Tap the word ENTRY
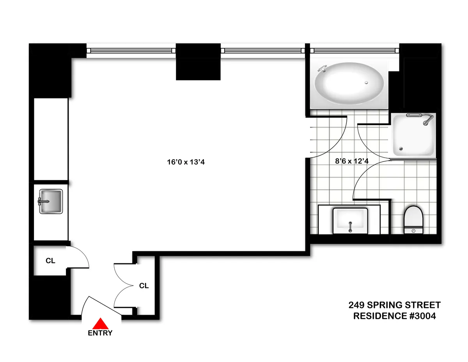click(100, 333)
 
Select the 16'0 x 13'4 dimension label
click(186, 162)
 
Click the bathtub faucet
click(323, 69)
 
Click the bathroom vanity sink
click(350, 221)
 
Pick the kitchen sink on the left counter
click(51, 201)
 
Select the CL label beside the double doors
click(144, 286)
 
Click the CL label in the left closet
click(50, 261)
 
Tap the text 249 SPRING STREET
click(394, 305)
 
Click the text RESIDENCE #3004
click(394, 316)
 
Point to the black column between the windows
click(198, 62)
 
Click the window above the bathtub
click(355, 50)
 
